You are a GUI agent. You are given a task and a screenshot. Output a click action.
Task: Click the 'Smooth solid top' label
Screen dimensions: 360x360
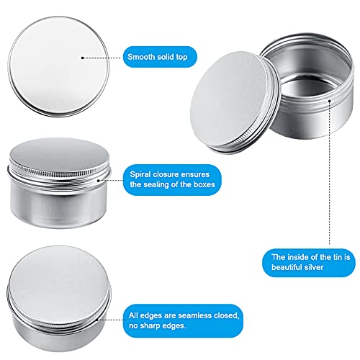[x=161, y=55]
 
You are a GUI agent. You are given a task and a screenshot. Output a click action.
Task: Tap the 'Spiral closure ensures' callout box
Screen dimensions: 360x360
[x=174, y=179]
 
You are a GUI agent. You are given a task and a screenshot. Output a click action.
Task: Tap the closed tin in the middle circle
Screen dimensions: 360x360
[x=50, y=176]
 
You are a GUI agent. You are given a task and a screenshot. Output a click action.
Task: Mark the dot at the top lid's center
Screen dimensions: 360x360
[x=84, y=55]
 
